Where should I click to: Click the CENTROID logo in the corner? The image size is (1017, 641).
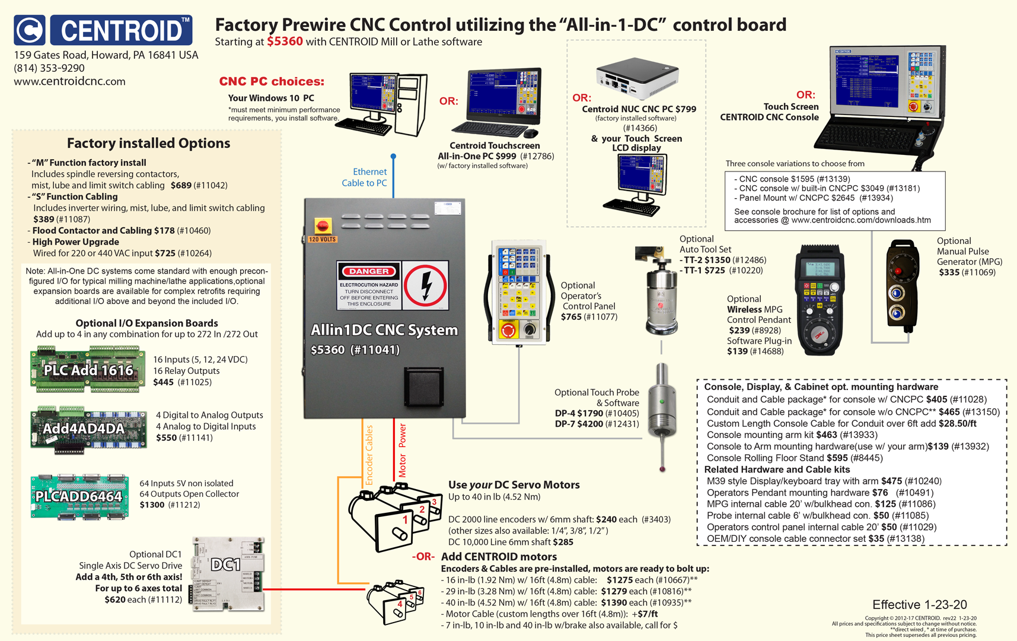[103, 30]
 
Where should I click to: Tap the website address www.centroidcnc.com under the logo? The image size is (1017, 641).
[69, 81]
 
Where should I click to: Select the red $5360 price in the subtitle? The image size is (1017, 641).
[285, 42]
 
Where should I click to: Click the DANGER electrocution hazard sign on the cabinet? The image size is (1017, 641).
[369, 285]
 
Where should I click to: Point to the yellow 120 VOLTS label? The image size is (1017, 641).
[322, 239]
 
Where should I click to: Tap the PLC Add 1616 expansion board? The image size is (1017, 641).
[88, 370]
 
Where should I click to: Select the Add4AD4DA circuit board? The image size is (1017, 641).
[88, 429]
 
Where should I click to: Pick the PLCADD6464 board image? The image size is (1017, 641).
[79, 496]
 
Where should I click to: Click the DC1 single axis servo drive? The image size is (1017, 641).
[227, 573]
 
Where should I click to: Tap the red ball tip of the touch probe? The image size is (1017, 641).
[662, 469]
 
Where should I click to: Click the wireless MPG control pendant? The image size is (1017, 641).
[820, 300]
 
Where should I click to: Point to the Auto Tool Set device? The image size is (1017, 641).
[661, 294]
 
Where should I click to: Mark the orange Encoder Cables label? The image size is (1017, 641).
[369, 455]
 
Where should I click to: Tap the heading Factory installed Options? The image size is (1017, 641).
[148, 143]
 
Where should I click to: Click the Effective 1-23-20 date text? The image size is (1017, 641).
[919, 604]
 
